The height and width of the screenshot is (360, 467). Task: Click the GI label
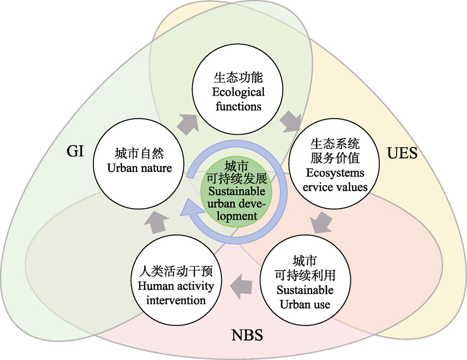75,151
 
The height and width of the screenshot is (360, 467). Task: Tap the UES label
402,153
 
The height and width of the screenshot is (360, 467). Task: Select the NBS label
247,335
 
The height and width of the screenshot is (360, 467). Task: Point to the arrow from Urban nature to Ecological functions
188,123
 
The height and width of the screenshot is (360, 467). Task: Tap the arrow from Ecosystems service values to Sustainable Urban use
321,222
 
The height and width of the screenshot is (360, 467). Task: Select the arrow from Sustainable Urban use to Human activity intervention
241,286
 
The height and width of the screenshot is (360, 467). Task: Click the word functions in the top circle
238,106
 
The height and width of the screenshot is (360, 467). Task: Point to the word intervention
176,300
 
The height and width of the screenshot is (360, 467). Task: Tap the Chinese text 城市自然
139,154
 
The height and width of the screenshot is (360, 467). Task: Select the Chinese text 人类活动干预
176,271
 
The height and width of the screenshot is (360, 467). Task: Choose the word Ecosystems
335,173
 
